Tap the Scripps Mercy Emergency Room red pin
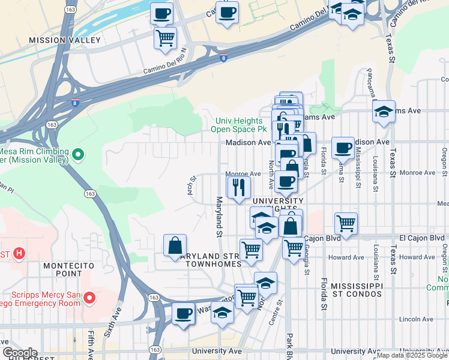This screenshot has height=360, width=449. coord(89,298)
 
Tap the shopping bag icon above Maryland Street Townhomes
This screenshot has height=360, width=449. coord(175,245)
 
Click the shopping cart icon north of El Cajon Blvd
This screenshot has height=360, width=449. coord(346,223)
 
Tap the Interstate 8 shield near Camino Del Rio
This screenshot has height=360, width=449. coord(223,58)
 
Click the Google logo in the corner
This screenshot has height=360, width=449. coord(20,353)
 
